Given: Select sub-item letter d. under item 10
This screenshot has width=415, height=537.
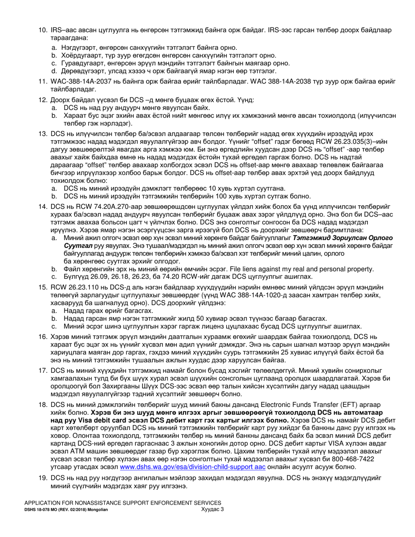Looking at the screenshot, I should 55,71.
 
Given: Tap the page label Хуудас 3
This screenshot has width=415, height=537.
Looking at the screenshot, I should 212,509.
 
